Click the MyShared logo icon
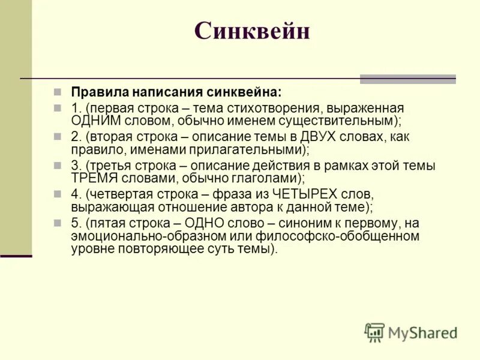374,332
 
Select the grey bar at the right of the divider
407,79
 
